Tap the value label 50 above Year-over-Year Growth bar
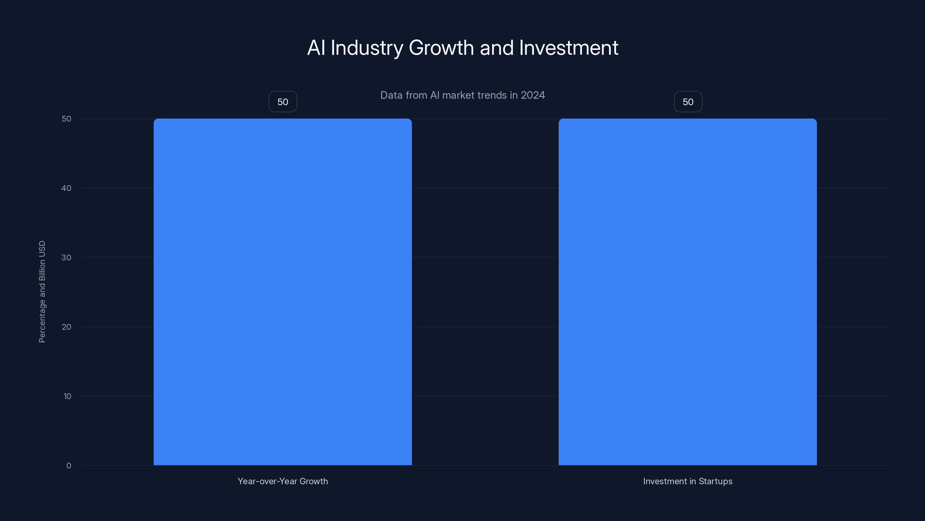coord(283,102)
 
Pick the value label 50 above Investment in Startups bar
coord(688,102)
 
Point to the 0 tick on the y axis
coord(69,466)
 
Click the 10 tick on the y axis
coord(67,396)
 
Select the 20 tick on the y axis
coord(66,327)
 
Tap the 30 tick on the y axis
coord(66,257)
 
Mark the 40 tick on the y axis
coord(66,188)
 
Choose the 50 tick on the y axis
coord(66,119)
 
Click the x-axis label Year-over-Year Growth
coord(283,481)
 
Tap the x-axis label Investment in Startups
coord(688,481)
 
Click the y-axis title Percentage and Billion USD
coord(42,291)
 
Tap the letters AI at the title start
coord(316,48)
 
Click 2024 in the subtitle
coord(533,95)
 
